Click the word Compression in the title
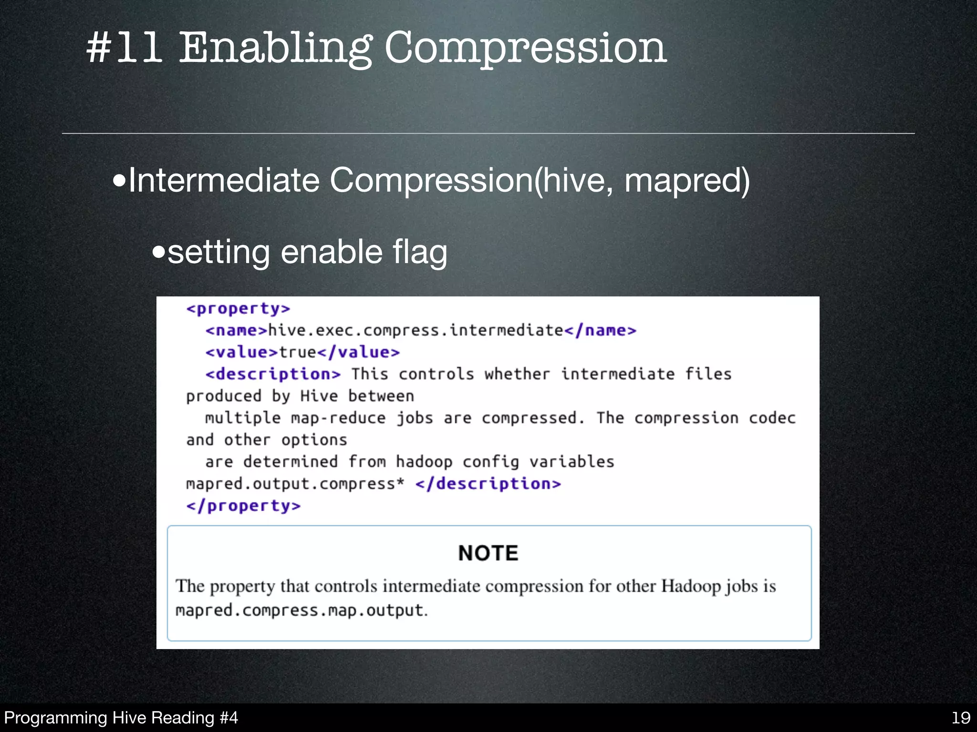[x=525, y=49]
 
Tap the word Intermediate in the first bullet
[x=224, y=181]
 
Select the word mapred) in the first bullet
[x=687, y=181]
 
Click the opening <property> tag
[x=238, y=309]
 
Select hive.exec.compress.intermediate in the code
[x=416, y=330]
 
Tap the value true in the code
[x=298, y=352]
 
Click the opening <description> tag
[x=273, y=374]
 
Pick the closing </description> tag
[x=488, y=484]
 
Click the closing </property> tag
[x=243, y=506]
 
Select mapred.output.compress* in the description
[x=295, y=484]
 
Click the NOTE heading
[x=488, y=553]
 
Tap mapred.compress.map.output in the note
[x=300, y=610]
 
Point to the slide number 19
[x=961, y=718]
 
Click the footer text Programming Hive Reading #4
[x=121, y=718]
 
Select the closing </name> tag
[x=600, y=330]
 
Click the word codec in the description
[x=772, y=418]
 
